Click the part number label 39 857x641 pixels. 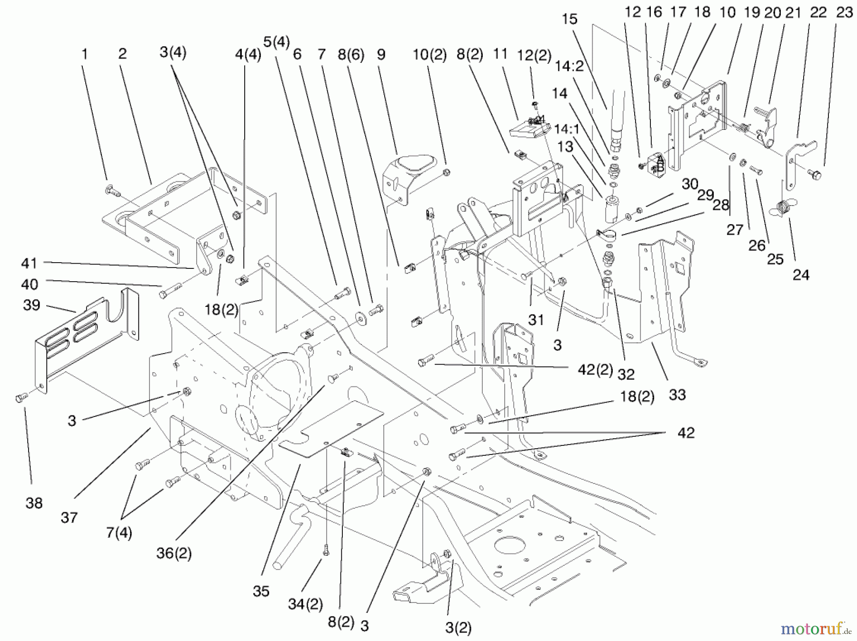[31, 305]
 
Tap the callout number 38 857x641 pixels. [34, 503]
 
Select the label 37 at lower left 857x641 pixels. [69, 517]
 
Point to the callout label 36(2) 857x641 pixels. [174, 553]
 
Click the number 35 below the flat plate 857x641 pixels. [261, 591]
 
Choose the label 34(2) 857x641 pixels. [305, 604]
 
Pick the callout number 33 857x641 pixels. [677, 394]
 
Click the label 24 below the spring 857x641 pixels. [801, 275]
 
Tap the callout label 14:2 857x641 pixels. [569, 66]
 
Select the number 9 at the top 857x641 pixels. [380, 55]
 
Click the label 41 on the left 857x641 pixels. [30, 263]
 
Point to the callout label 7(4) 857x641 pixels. [119, 533]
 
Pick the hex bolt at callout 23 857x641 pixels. [815, 176]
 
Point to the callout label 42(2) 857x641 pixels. [595, 370]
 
